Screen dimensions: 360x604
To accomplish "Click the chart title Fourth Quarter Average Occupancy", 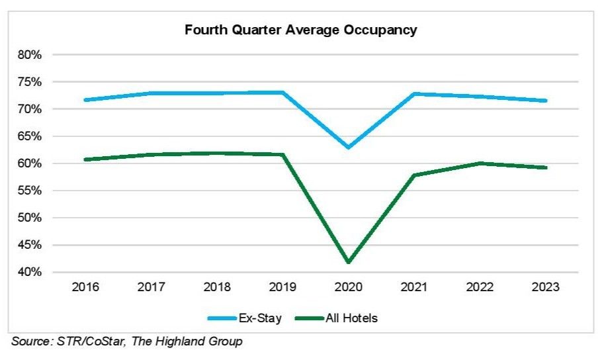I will point(301,30).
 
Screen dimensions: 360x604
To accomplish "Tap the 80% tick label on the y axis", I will point(29,55).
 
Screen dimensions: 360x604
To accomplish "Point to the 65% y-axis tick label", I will point(29,136).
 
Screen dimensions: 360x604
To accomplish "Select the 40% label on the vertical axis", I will point(29,272).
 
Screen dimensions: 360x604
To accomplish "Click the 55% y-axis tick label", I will point(29,191).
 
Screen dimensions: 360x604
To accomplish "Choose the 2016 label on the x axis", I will point(85,288).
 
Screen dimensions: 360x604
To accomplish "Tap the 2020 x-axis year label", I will point(349,288).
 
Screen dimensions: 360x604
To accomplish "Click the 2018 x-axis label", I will point(217,288).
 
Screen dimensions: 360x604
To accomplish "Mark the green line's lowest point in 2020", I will point(349,262).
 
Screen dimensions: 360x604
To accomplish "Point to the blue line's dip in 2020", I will point(349,147).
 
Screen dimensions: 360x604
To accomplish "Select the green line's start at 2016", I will point(86,159).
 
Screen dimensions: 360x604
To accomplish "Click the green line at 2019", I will point(283,155).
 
